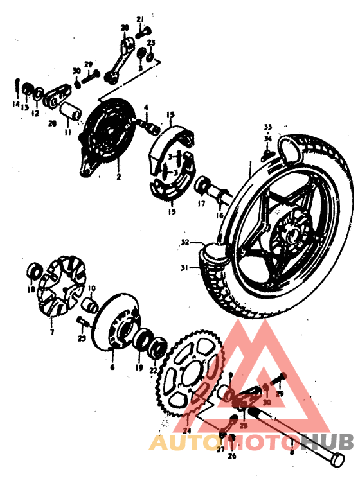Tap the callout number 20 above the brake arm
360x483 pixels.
coord(125,28)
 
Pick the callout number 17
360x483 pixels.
coord(201,205)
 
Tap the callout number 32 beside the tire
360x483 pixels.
coord(184,243)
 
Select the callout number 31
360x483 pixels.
coord(184,268)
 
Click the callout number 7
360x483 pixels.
coord(53,332)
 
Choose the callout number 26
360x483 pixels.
coord(233,457)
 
